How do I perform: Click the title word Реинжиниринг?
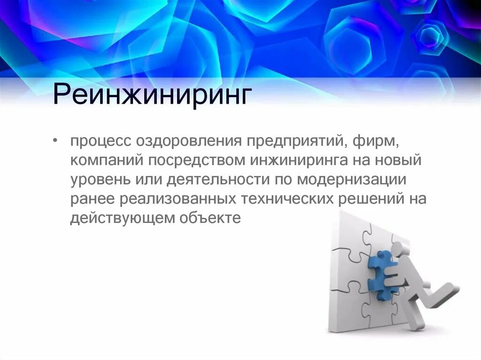(150, 95)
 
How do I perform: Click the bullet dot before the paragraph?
(56, 141)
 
